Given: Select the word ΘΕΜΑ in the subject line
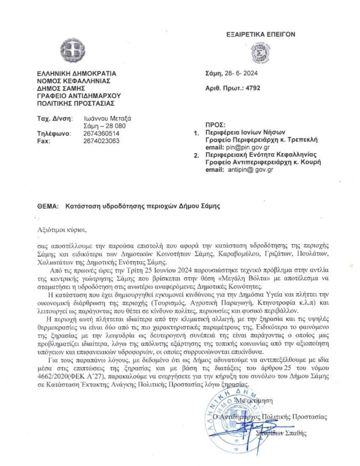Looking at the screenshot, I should [x=47, y=206].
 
